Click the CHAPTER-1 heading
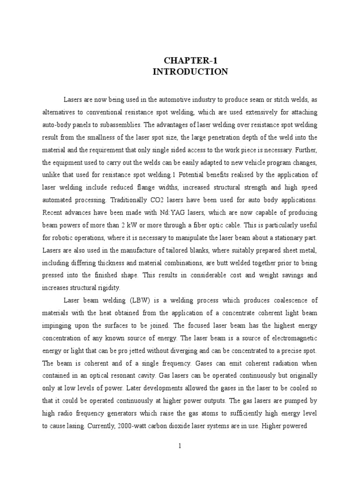(190, 60)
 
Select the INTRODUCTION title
(190, 72)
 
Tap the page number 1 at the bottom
(180, 446)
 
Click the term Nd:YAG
(157, 211)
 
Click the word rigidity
(108, 287)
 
